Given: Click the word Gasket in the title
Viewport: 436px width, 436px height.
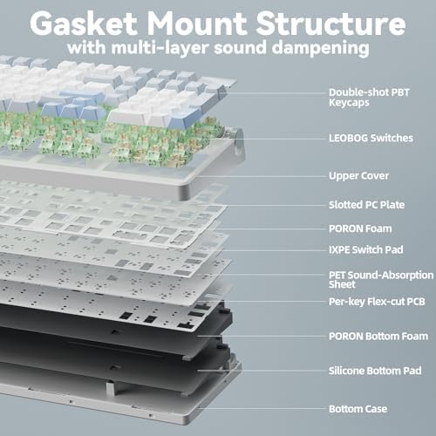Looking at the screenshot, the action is tap(84, 24).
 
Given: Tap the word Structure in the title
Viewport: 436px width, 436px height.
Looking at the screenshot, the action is tap(330, 24).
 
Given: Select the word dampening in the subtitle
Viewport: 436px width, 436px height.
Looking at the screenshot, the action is tap(321, 48).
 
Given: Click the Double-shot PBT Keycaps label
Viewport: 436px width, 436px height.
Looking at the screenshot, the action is tap(369, 98).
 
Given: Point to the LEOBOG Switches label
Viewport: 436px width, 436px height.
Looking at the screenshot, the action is tap(371, 138).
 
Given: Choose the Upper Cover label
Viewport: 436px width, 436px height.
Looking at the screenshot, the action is tap(358, 176).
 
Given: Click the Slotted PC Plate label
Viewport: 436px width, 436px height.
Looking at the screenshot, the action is tap(366, 205).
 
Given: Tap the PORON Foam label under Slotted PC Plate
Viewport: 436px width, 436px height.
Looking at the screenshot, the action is tap(360, 228).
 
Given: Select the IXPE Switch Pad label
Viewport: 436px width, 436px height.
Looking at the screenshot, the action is tap(366, 249).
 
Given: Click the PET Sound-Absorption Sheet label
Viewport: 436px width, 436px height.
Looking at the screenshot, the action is tap(381, 280).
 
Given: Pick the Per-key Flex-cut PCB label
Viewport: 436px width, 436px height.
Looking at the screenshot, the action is tap(377, 302).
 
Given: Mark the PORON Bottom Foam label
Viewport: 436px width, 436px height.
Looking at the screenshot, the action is tap(378, 337).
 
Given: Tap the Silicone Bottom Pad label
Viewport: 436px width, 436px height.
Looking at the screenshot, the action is tap(375, 371).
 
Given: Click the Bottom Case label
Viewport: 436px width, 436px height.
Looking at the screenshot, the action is tap(358, 409).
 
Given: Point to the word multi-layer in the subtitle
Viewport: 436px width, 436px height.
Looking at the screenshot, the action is tap(160, 48).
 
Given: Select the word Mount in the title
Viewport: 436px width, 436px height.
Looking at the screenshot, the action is tap(197, 24).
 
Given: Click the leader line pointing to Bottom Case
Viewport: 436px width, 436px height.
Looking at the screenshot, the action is tap(262, 408).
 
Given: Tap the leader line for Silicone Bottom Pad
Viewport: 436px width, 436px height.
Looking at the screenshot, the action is tap(262, 371).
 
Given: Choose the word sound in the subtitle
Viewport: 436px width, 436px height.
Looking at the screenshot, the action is tap(240, 48).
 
